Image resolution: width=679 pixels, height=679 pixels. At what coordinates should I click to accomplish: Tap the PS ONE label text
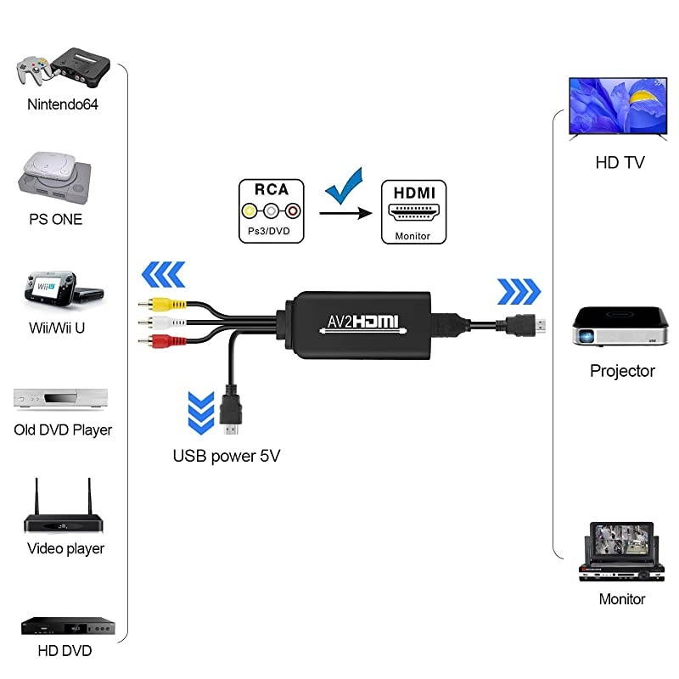click(55, 219)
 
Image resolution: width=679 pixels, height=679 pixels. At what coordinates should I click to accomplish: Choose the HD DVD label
click(65, 652)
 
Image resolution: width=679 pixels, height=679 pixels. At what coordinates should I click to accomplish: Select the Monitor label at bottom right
click(622, 599)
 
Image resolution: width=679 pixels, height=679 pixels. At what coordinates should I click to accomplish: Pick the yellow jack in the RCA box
click(249, 211)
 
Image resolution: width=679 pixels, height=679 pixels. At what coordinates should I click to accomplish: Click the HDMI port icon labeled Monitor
click(412, 212)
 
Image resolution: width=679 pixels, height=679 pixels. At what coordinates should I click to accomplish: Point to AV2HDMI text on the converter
click(363, 323)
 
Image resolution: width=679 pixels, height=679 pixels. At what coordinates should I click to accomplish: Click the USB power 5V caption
click(227, 456)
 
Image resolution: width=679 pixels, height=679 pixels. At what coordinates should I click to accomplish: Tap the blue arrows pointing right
click(519, 291)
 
